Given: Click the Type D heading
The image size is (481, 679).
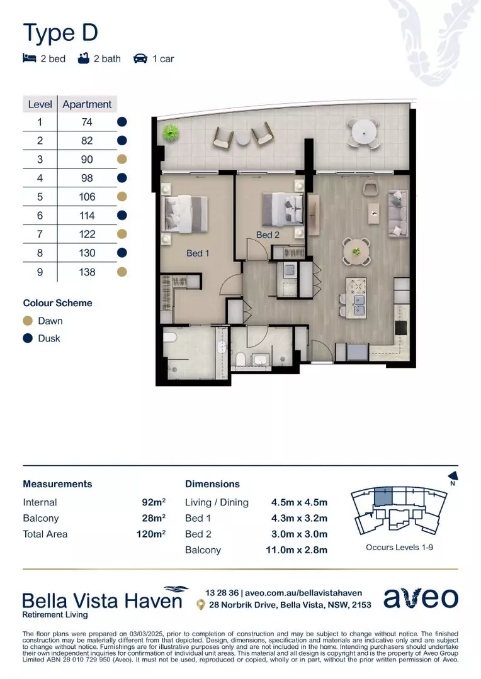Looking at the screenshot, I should pyautogui.click(x=60, y=33).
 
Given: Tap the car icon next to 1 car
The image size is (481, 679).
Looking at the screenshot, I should pyautogui.click(x=140, y=58).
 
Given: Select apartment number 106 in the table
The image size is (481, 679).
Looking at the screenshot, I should pyautogui.click(x=88, y=197).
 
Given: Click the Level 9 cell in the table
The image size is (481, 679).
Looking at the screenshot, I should pyautogui.click(x=40, y=272).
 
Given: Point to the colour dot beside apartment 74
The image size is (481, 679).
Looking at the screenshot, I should pyautogui.click(x=122, y=122).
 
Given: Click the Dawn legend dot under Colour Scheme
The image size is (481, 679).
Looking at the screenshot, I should pyautogui.click(x=28, y=321).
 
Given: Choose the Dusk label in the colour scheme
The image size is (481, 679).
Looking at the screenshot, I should pyautogui.click(x=49, y=338).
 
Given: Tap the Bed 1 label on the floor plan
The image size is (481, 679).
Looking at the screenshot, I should pyautogui.click(x=197, y=253).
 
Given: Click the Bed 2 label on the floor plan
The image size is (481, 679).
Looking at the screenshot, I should pyautogui.click(x=267, y=235).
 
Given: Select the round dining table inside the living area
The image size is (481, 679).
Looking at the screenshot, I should pyautogui.click(x=356, y=250).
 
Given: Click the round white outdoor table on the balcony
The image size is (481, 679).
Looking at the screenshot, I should pyautogui.click(x=363, y=131).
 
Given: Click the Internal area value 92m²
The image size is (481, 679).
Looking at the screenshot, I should pyautogui.click(x=154, y=502).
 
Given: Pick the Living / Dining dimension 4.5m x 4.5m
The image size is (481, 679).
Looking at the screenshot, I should pyautogui.click(x=299, y=502).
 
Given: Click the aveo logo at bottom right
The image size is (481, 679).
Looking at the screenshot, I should pyautogui.click(x=421, y=598).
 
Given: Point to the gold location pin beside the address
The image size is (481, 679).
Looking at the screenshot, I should pyautogui.click(x=200, y=605).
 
